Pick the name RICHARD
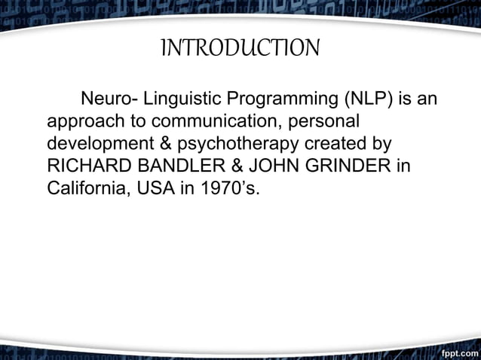coord(85,165)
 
